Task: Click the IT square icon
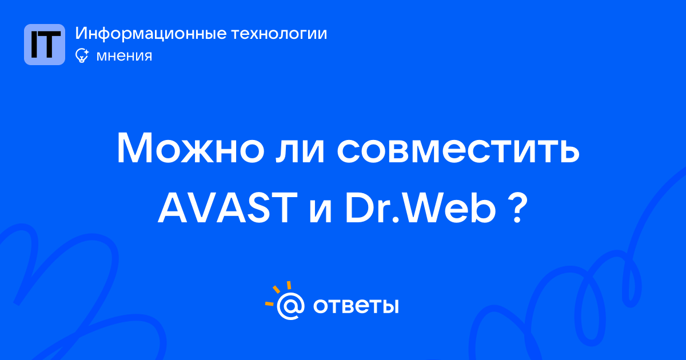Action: tap(45, 45)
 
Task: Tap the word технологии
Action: tap(280, 33)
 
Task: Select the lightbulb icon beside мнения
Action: tap(82, 55)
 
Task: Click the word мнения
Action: tap(124, 56)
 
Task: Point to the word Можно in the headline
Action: tap(190, 148)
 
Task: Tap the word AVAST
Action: tap(228, 208)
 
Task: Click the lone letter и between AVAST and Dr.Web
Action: tap(321, 211)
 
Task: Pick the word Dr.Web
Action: tap(421, 208)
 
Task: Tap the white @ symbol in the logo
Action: tap(290, 306)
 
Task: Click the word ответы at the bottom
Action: tap(356, 306)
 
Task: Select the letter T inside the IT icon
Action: tap(50, 45)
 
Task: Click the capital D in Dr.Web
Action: tap(359, 208)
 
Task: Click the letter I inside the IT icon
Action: tap(34, 45)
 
